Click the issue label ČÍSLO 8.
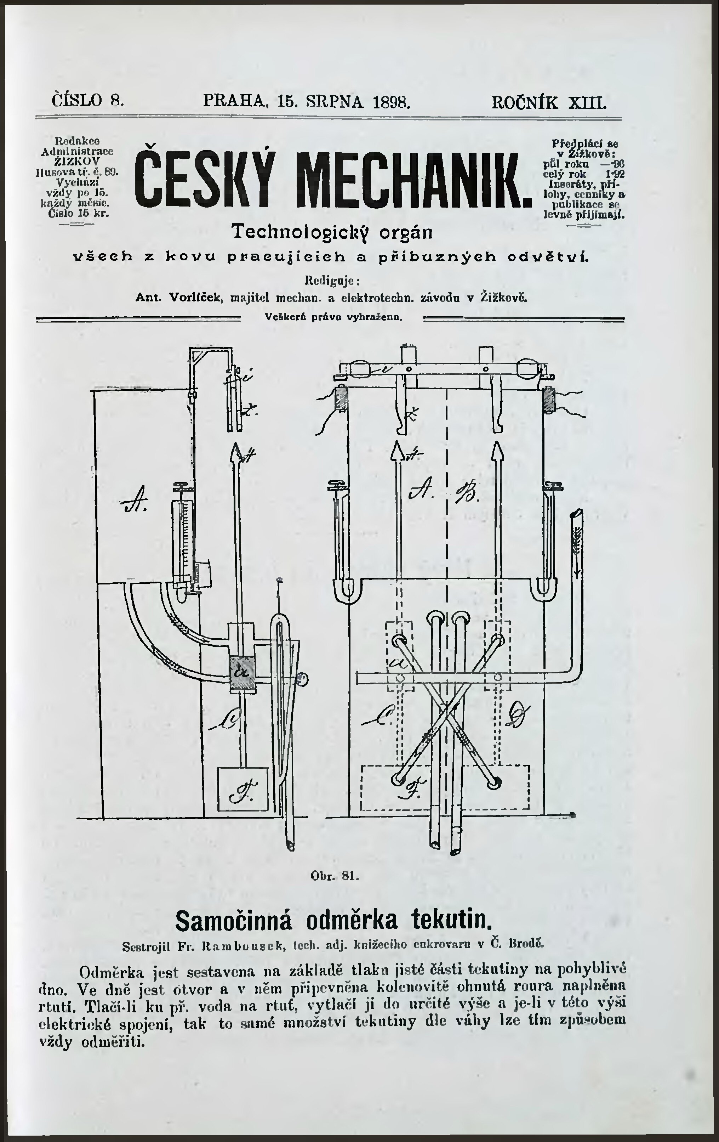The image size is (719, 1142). (x=88, y=101)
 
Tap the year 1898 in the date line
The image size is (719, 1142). (x=392, y=102)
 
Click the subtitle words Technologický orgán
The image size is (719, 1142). (x=332, y=232)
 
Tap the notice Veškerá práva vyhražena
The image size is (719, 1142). (x=333, y=317)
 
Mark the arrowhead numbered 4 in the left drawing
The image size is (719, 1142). (x=235, y=451)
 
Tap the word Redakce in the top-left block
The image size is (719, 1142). (x=77, y=141)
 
